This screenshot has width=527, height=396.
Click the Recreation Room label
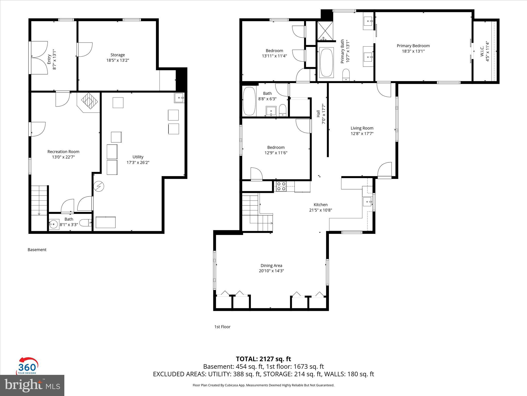click(63, 152)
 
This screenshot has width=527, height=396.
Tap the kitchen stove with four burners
click(281, 186)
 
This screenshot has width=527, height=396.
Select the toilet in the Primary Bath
click(346, 75)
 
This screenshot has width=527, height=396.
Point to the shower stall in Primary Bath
click(325, 31)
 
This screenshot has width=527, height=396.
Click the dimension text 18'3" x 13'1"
click(413, 51)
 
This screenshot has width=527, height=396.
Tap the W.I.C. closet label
click(482, 51)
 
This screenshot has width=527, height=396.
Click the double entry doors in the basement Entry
click(39, 57)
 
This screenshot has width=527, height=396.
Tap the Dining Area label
click(271, 266)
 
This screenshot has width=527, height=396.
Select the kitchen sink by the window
click(367, 202)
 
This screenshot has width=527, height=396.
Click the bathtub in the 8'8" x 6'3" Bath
click(249, 101)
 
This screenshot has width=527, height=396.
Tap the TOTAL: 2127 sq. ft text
click(263, 359)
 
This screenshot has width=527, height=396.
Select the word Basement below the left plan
click(37, 250)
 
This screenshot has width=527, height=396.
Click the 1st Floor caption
click(222, 327)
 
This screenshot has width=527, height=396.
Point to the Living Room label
click(362, 128)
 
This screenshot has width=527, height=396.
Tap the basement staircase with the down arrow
click(39, 200)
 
